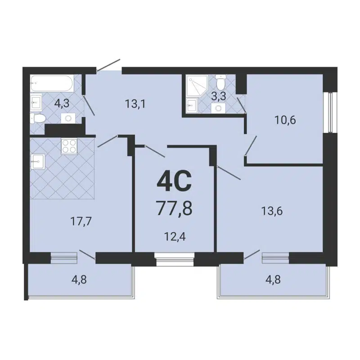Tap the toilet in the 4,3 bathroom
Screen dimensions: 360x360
click(x=38, y=118)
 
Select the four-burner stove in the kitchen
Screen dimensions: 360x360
click(x=69, y=146)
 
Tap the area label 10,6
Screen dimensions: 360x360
click(x=285, y=120)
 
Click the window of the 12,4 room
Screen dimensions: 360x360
click(x=174, y=257)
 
